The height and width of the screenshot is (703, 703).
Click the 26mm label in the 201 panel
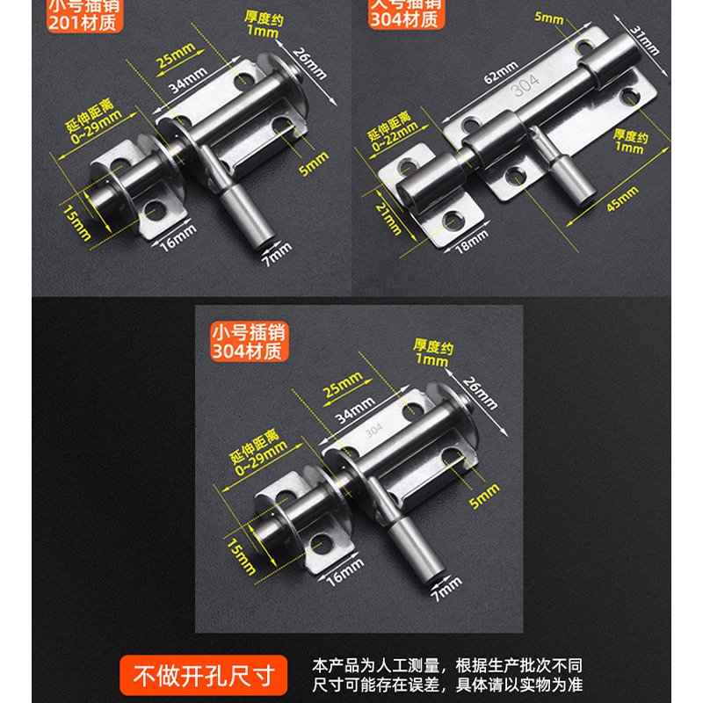click(314, 66)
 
